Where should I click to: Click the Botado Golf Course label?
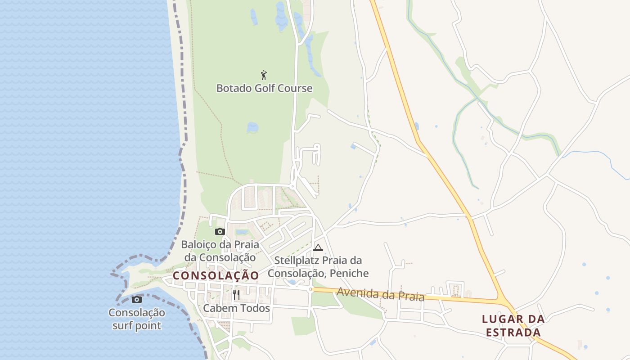coord(264,88)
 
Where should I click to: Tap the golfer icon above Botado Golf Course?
coord(264,75)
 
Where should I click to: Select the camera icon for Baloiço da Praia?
coord(220,232)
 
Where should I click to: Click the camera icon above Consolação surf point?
coord(137,299)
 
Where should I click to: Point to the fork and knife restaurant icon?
coord(236,295)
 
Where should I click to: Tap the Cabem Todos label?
coord(236,308)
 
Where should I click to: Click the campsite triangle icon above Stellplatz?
coord(318,247)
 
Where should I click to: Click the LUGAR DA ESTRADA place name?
coord(513,326)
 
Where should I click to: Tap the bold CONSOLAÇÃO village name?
coord(216,275)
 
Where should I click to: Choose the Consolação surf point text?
coord(137,319)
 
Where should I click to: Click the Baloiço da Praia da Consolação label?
coord(220,251)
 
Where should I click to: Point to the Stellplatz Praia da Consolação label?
coord(318,267)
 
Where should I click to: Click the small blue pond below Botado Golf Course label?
coord(252,127)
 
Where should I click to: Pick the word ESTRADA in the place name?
coord(513,333)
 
